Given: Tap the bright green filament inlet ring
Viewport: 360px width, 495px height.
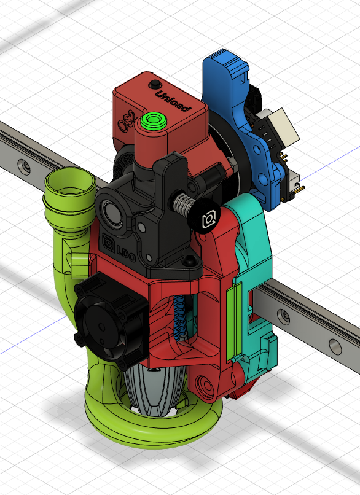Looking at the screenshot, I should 154,120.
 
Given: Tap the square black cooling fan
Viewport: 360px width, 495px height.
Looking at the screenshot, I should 111,324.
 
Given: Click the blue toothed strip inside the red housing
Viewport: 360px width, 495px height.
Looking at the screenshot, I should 181,319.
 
